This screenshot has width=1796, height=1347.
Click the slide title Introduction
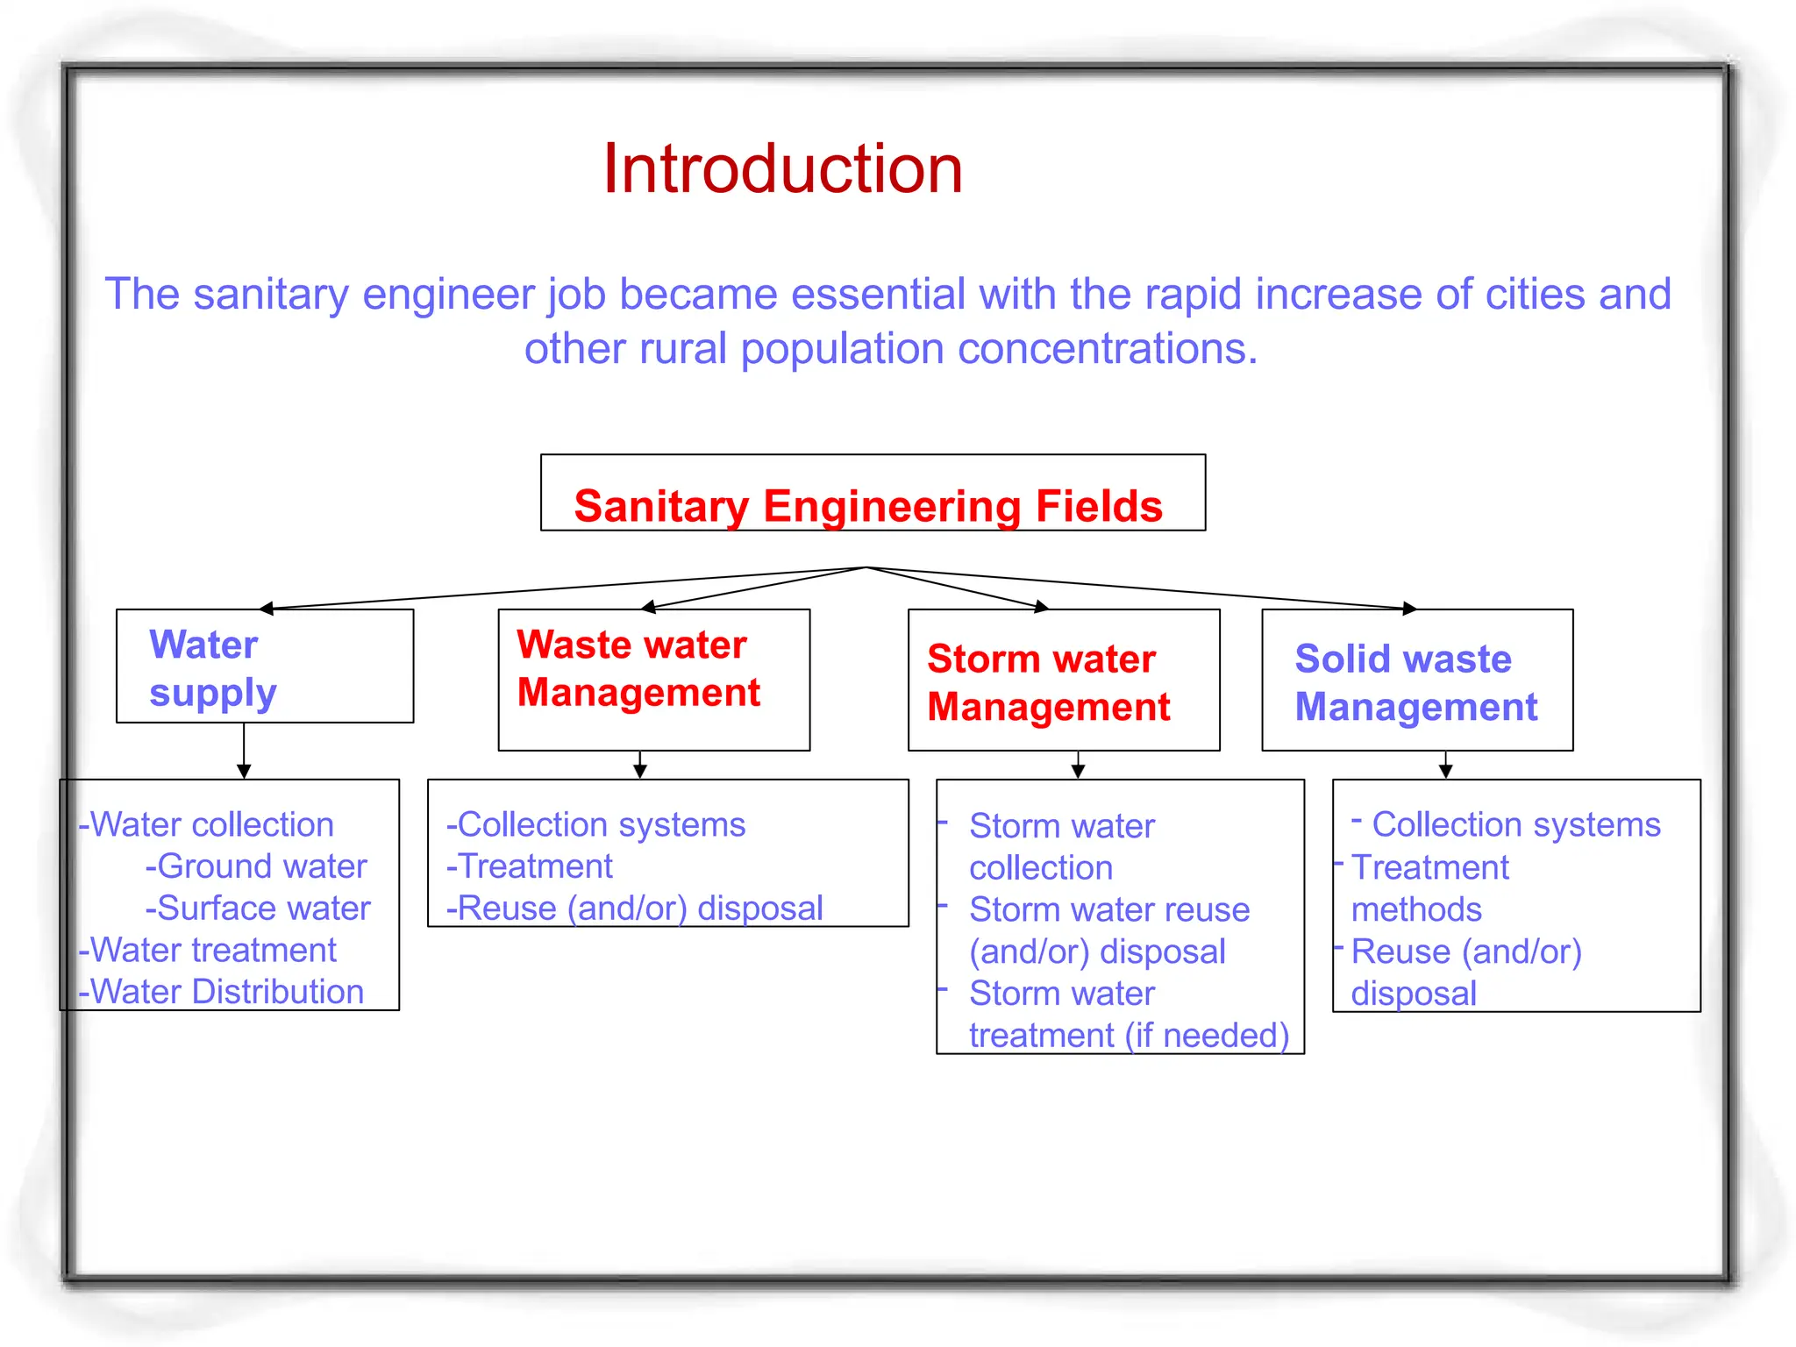coord(782,168)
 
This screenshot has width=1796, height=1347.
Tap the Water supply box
coord(264,666)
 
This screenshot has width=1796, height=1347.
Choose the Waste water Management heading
coord(638,668)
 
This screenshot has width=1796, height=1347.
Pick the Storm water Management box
coord(1063,681)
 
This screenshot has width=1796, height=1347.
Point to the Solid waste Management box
coord(1416,681)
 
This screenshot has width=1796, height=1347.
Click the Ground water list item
coord(256,866)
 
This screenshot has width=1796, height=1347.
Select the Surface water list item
coord(258,909)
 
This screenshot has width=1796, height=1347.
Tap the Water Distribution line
coord(221,992)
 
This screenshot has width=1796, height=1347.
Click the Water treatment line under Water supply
coord(208,950)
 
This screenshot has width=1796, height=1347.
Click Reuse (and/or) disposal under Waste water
coord(635,909)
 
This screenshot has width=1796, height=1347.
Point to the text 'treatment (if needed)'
coord(1129,1036)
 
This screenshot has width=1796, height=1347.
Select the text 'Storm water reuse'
coord(1108,910)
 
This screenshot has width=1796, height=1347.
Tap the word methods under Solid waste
coord(1415,910)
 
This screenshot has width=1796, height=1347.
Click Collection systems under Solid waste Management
coord(1515,825)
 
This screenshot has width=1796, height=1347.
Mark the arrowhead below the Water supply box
coord(244,771)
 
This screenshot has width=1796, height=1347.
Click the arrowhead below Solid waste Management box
coord(1445,771)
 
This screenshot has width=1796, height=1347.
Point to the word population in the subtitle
coord(842,349)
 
